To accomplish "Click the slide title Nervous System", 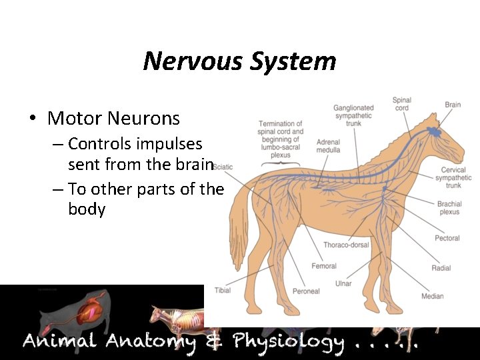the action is (239, 61).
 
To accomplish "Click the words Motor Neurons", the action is (113, 119).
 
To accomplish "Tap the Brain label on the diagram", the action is (453, 105).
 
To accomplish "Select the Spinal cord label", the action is (401, 105).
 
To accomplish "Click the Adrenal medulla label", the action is (328, 146).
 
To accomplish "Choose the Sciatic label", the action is (223, 167).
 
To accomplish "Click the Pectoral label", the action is (447, 238).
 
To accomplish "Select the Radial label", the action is (441, 268).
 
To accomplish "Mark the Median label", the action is (432, 296).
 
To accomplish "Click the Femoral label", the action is (323, 266).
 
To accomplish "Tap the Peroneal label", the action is (306, 291).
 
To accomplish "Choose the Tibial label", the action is (223, 290).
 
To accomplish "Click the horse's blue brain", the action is (435, 130).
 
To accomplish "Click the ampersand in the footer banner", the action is (213, 342).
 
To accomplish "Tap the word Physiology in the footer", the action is (288, 343).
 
